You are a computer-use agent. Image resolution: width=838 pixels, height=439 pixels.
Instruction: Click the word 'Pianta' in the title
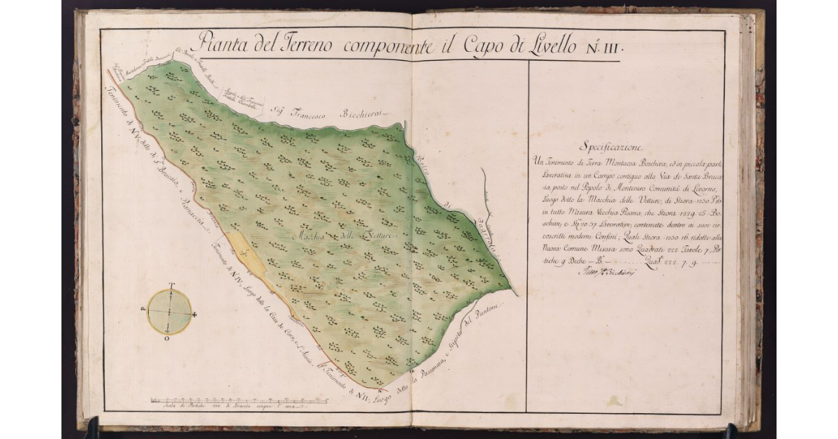[x=223, y=44]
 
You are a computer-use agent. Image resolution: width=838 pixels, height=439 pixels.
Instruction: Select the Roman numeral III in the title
[x=612, y=48]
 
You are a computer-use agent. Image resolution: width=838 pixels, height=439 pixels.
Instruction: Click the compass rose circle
[x=169, y=311]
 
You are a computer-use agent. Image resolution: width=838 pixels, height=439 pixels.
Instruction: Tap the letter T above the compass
[x=170, y=285]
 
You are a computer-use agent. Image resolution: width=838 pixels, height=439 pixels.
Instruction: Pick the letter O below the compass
[x=166, y=338]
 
